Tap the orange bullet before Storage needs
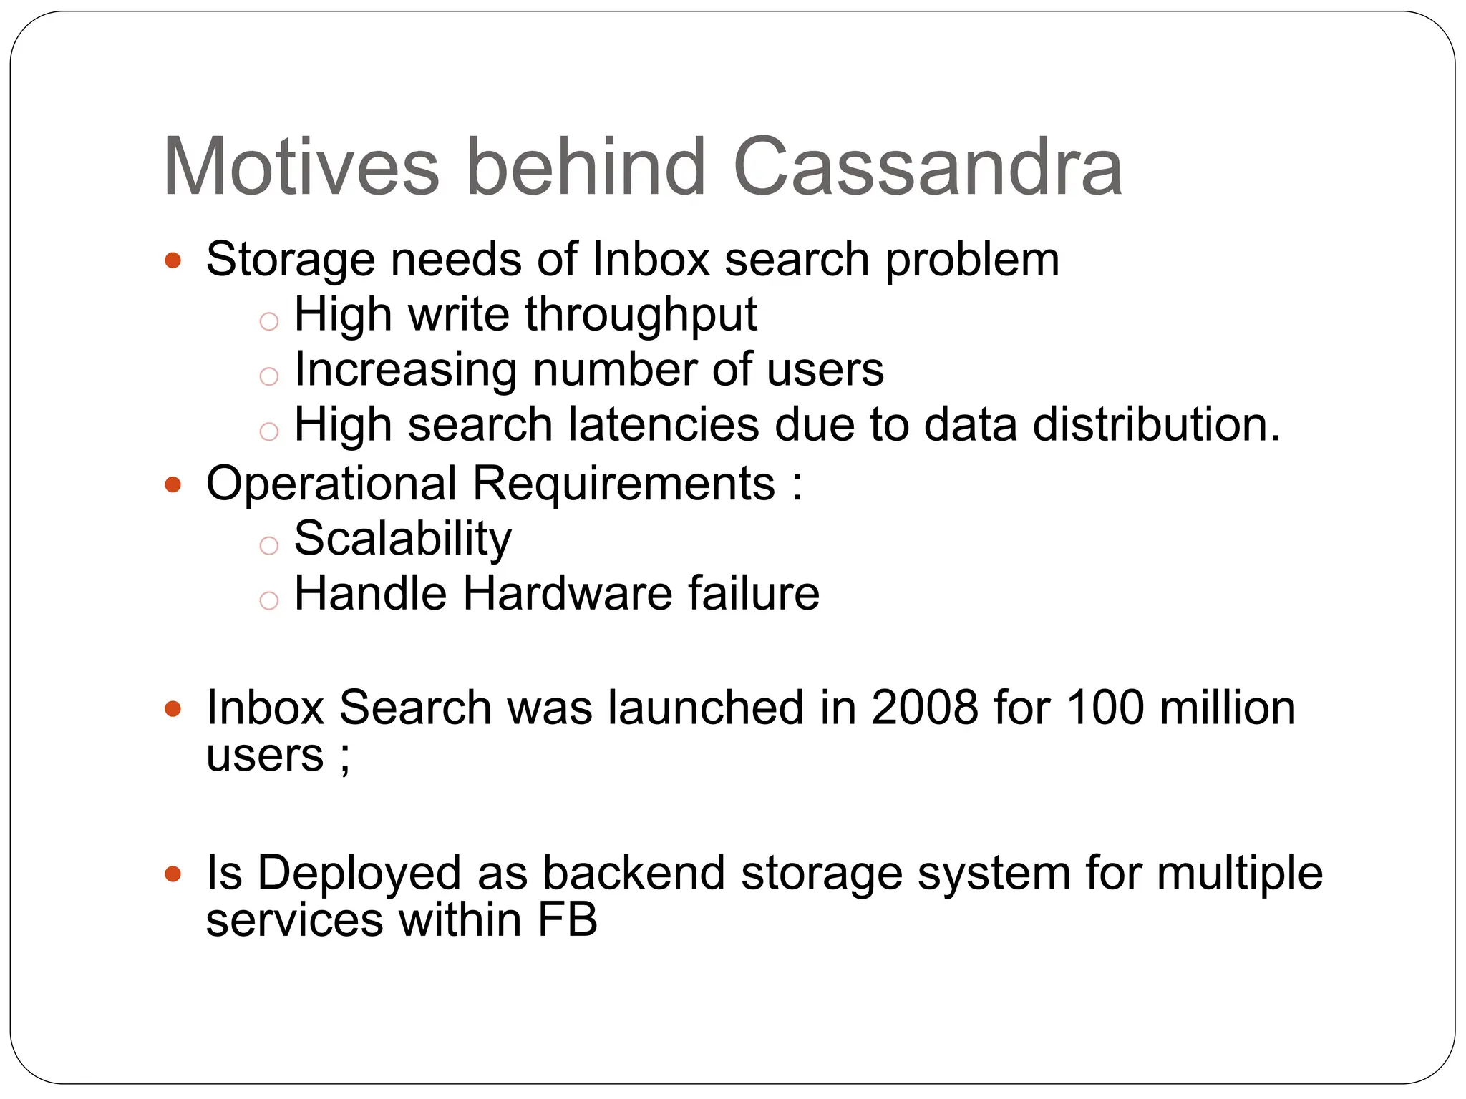pos(173,260)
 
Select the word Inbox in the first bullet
pos(651,259)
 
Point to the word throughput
pos(641,316)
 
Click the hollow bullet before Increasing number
pos(268,376)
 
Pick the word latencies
pos(663,425)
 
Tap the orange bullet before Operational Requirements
pos(173,485)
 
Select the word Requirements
pos(623,484)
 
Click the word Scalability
pos(403,539)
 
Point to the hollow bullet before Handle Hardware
pos(268,600)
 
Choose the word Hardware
pos(567,594)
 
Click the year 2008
pos(924,708)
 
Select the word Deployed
pos(359,874)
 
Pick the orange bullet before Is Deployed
pos(173,874)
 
